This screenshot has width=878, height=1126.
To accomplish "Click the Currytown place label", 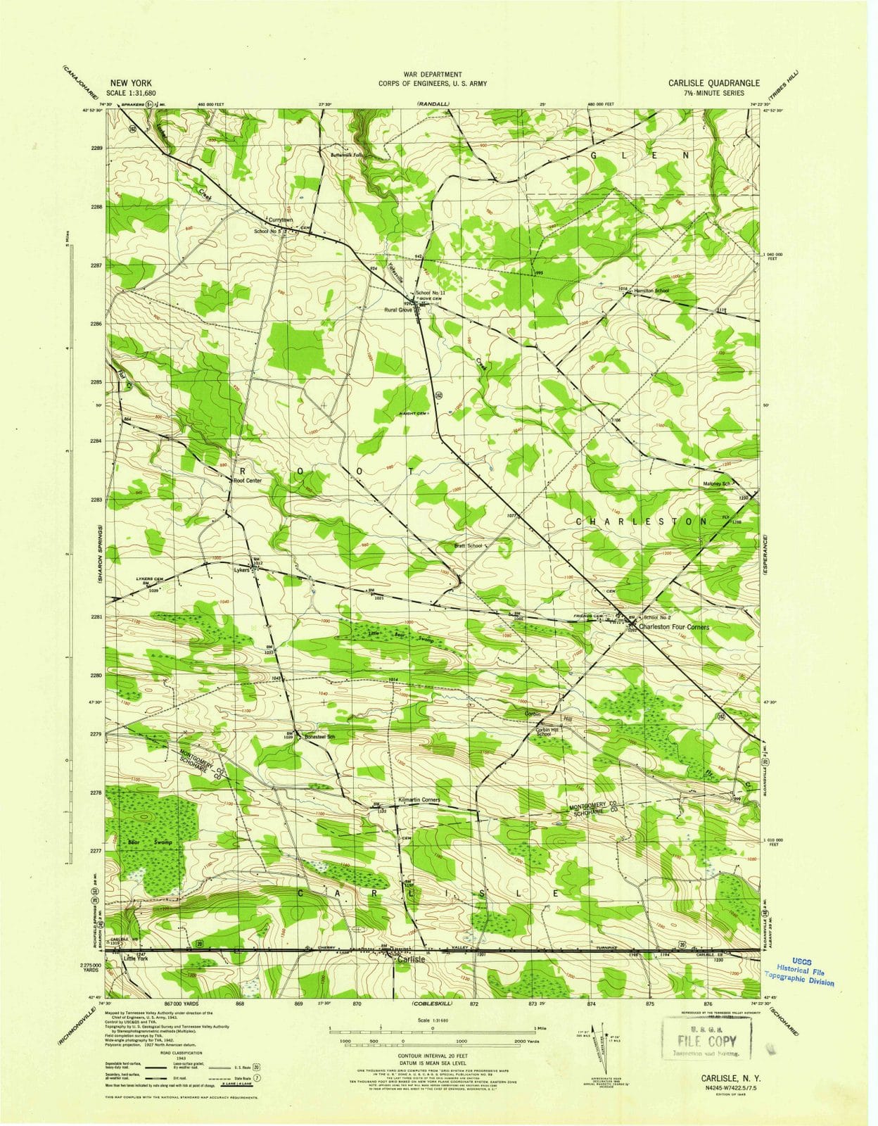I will tap(280, 220).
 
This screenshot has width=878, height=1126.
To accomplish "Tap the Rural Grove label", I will tap(397, 310).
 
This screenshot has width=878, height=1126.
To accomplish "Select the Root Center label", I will tap(247, 481).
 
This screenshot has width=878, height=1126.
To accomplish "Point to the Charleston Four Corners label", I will tap(673, 627).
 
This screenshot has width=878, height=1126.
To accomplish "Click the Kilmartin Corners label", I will tap(419, 800).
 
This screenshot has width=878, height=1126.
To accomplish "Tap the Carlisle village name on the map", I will tap(411, 959).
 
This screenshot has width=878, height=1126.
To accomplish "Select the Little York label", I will tap(136, 959).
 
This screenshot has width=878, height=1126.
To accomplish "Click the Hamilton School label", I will tap(651, 291).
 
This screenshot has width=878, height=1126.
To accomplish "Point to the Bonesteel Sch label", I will tap(319, 737).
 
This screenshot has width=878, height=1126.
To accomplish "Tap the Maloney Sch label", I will tap(717, 484).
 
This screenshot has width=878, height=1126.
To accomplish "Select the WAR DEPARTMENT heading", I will tap(433, 74).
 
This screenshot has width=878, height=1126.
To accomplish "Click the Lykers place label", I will tap(241, 570).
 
